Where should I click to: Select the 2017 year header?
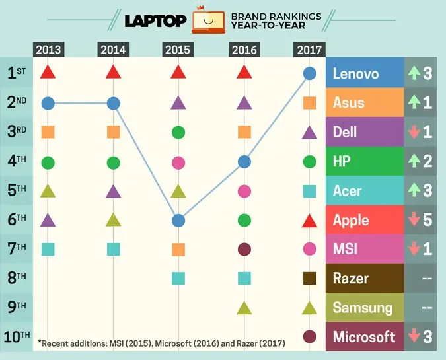click(309, 50)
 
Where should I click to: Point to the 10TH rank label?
click(17, 336)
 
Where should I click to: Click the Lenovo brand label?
click(357, 73)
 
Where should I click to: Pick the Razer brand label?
click(351, 278)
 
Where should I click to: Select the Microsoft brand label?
click(364, 336)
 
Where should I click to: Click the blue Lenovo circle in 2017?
click(309, 73)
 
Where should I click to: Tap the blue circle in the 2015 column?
click(178, 220)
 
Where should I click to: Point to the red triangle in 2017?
click(309, 220)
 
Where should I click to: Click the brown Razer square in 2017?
click(309, 278)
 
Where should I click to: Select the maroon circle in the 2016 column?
click(244, 249)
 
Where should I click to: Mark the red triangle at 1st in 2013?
click(47, 72)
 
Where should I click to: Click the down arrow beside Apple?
click(414, 220)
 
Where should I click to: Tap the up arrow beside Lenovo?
click(414, 73)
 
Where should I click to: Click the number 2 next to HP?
click(427, 161)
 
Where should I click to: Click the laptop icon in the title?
click(208, 20)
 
